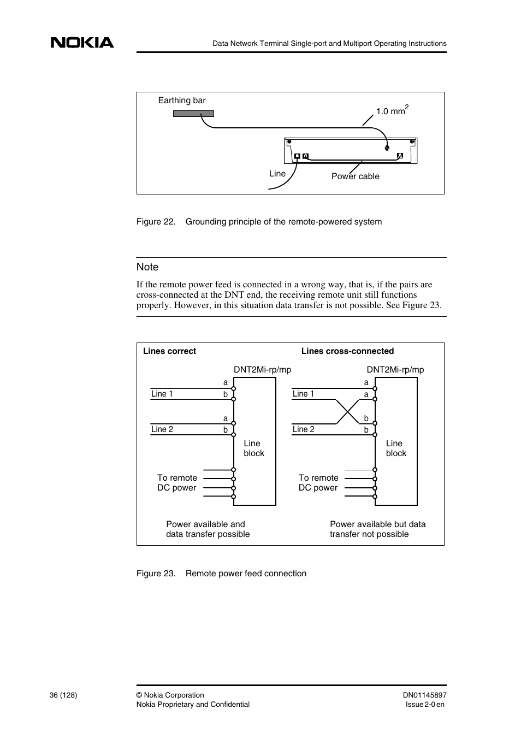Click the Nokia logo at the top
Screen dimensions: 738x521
tap(82, 43)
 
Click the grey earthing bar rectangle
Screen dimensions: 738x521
tap(193, 114)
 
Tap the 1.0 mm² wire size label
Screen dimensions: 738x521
tap(392, 111)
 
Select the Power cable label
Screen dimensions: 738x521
tap(355, 176)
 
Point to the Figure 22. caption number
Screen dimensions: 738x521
tap(156, 222)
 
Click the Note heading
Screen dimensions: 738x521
tap(147, 267)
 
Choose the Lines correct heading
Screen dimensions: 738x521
tap(169, 351)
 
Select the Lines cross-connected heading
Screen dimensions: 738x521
tap(347, 351)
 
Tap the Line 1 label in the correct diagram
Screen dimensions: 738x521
tap(162, 394)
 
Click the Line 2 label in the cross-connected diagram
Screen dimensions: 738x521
tap(303, 429)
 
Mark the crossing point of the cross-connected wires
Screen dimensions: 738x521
tap(347, 411)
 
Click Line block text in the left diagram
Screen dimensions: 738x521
tap(253, 448)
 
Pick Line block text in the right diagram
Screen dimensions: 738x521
tap(395, 448)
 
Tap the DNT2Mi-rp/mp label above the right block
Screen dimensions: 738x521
tap(395, 370)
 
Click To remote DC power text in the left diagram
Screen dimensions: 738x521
tap(177, 483)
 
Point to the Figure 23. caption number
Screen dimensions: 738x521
tap(156, 574)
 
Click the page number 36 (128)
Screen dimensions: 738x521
tap(63, 695)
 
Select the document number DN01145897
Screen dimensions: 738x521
tap(424, 695)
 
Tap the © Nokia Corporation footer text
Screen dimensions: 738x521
tap(170, 695)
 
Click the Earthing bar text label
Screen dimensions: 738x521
tap(182, 101)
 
